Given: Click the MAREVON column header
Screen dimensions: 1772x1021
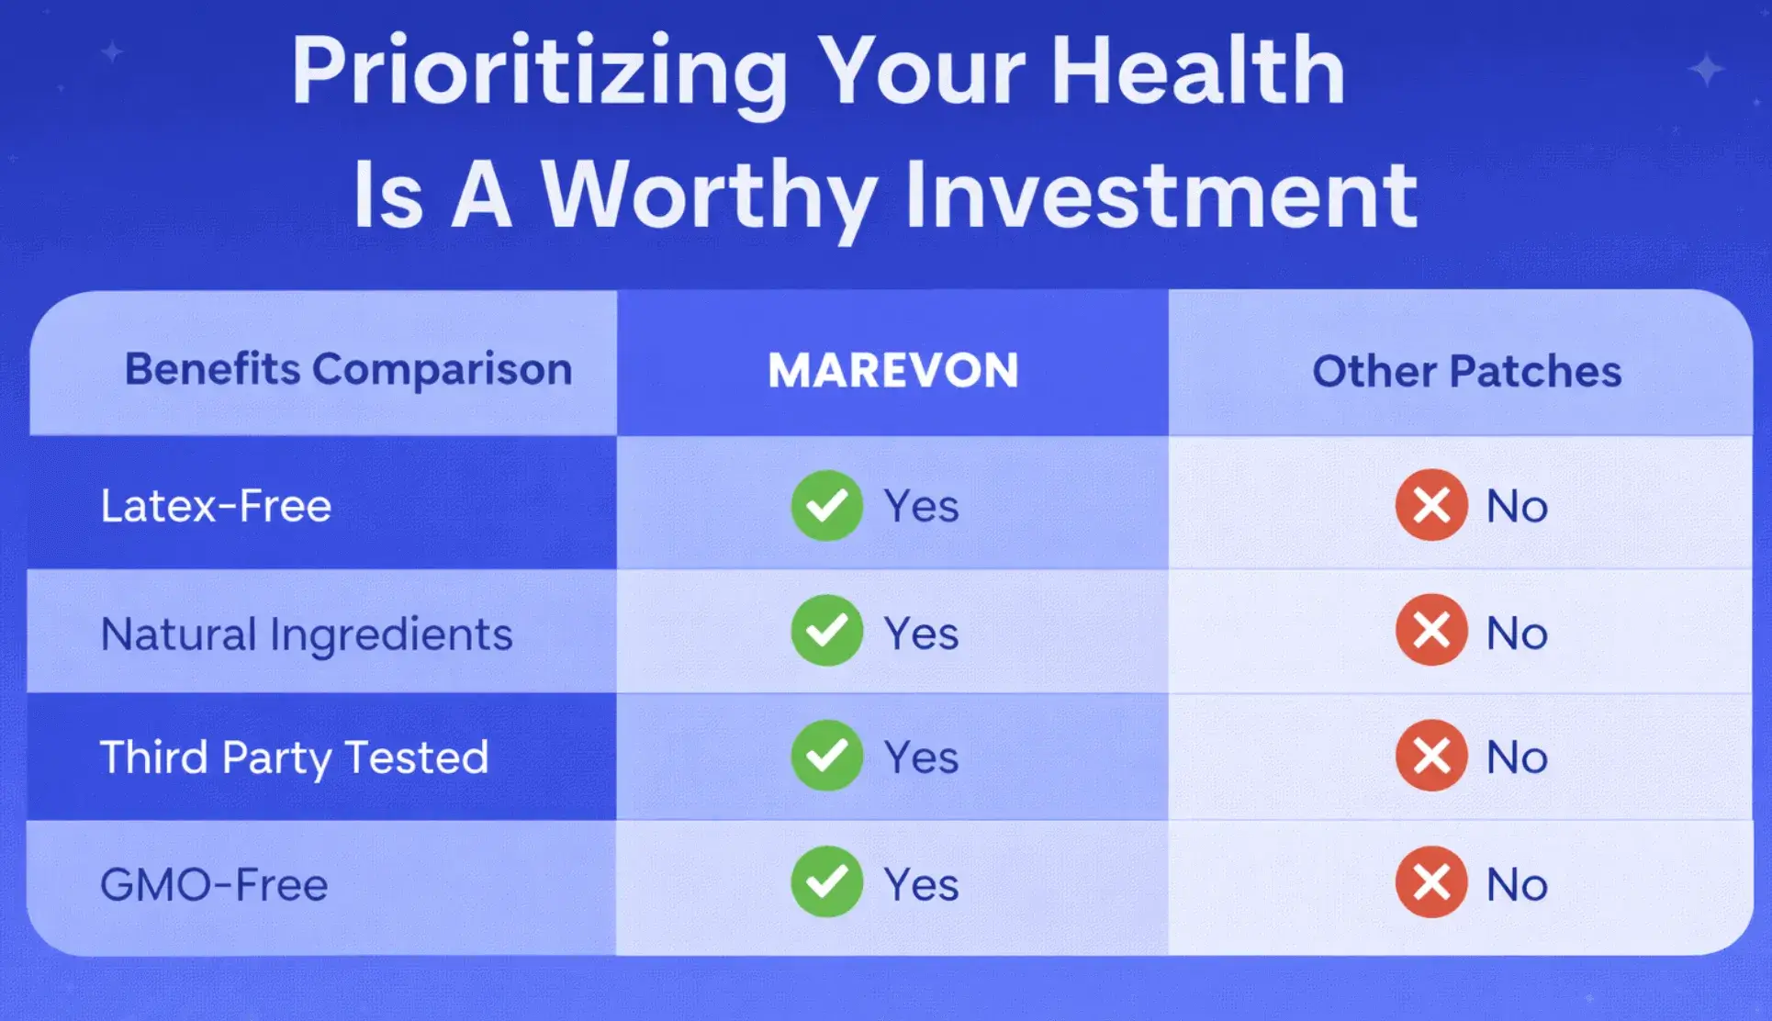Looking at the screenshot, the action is tap(893, 370).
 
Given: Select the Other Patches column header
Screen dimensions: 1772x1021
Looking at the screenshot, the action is tap(1466, 371).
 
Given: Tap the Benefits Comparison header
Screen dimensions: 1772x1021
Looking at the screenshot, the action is tap(348, 369).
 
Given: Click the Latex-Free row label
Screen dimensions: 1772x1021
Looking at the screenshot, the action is tap(216, 506).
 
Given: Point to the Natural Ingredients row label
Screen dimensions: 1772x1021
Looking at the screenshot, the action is tap(307, 634).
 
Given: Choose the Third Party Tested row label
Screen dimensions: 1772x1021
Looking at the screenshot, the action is tap(294, 758).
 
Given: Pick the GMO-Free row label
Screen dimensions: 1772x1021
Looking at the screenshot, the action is tap(214, 885).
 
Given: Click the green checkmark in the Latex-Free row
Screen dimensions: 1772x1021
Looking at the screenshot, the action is tap(826, 505).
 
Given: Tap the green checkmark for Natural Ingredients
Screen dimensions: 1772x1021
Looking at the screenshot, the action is tap(826, 631).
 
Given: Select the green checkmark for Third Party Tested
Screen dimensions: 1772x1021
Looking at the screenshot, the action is tap(826, 756).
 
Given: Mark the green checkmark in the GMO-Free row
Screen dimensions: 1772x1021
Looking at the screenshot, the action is tap(826, 881).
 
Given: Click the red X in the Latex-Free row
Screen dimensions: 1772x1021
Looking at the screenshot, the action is tap(1431, 505).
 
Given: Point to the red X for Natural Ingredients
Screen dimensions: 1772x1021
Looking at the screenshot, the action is tap(1431, 631).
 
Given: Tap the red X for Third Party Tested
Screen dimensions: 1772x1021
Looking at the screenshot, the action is tap(1431, 756).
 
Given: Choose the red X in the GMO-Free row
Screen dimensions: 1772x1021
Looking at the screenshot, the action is tap(1431, 881).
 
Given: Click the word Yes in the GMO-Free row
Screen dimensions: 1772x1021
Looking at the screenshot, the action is tap(921, 885).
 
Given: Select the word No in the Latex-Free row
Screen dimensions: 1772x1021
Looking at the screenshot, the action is tap(1517, 507).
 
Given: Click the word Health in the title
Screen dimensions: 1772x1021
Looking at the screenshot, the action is tap(1198, 71).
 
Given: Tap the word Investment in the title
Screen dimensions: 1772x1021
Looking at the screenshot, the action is tap(1161, 195).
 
